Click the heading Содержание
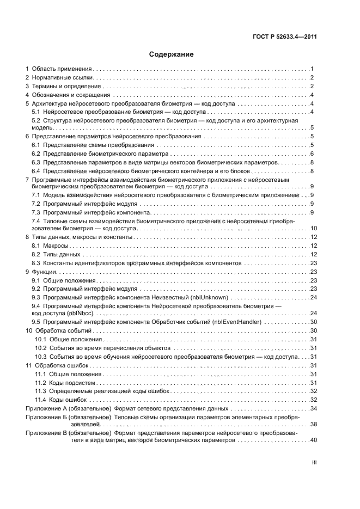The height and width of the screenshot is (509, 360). click(172, 54)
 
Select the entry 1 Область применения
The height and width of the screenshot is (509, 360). click(59, 69)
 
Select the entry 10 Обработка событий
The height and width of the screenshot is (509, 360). click(60, 330)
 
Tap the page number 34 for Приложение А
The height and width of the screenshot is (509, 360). click(313, 408)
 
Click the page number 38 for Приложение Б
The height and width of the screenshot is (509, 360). click(313, 424)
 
